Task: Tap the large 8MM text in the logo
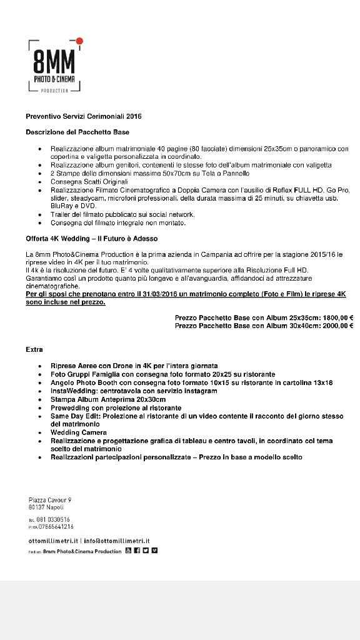click(x=54, y=63)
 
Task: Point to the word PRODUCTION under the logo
click(x=54, y=91)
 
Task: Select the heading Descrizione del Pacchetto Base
click(x=77, y=132)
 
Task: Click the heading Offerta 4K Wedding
click(x=92, y=239)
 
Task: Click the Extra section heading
click(x=34, y=349)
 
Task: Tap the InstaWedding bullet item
click(x=134, y=391)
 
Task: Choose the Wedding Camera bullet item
click(x=79, y=432)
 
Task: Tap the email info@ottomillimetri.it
click(x=119, y=541)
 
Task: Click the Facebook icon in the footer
click(x=136, y=551)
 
